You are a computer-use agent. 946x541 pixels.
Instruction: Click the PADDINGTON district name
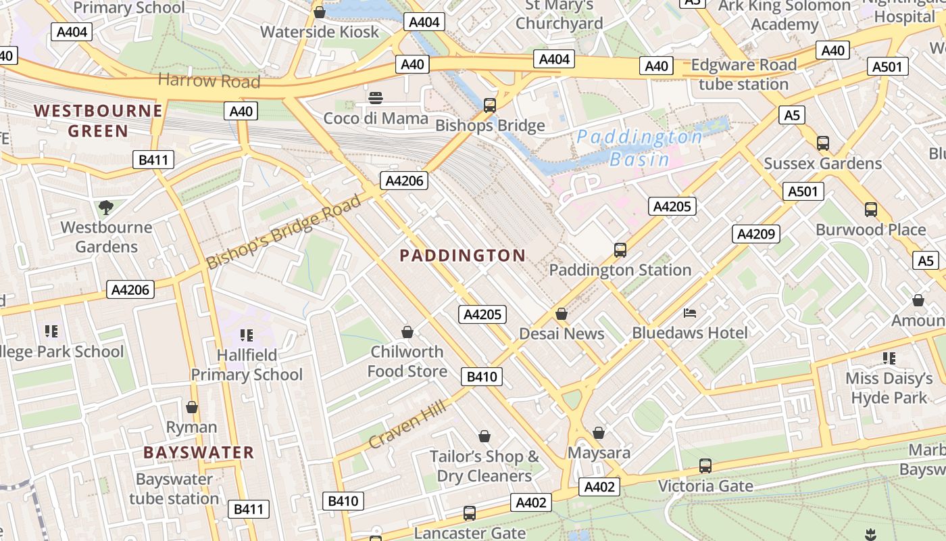coord(462,255)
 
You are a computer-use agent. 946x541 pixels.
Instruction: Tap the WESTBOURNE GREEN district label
coord(98,120)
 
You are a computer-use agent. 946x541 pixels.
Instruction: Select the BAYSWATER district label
coord(199,452)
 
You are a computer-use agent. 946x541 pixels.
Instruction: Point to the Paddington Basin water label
coord(639,148)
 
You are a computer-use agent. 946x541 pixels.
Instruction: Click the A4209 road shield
coord(756,234)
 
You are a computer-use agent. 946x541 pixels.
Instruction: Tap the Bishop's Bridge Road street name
coord(284,232)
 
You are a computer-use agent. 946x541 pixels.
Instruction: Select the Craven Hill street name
coord(407,424)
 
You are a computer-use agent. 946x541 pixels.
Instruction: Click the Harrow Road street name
coord(209,81)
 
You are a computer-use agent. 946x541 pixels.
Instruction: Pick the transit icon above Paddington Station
coord(620,250)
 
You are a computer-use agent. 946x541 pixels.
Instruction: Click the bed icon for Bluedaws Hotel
coord(689,313)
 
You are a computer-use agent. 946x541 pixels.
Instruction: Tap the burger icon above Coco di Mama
coord(376,98)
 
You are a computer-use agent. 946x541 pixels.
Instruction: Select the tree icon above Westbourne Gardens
coord(105,207)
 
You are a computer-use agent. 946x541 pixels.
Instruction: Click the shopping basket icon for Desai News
coord(561,314)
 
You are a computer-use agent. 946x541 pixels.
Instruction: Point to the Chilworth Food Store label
coord(407,361)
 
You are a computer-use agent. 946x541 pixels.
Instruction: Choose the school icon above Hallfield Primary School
coord(246,335)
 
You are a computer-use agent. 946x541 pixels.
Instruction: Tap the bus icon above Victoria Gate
coord(705,466)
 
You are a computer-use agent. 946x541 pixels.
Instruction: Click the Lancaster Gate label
coord(470,533)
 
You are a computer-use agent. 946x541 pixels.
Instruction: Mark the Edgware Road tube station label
coord(743,74)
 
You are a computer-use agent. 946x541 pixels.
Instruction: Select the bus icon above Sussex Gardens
coord(822,143)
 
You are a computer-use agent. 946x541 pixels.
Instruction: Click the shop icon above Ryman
coord(192,407)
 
